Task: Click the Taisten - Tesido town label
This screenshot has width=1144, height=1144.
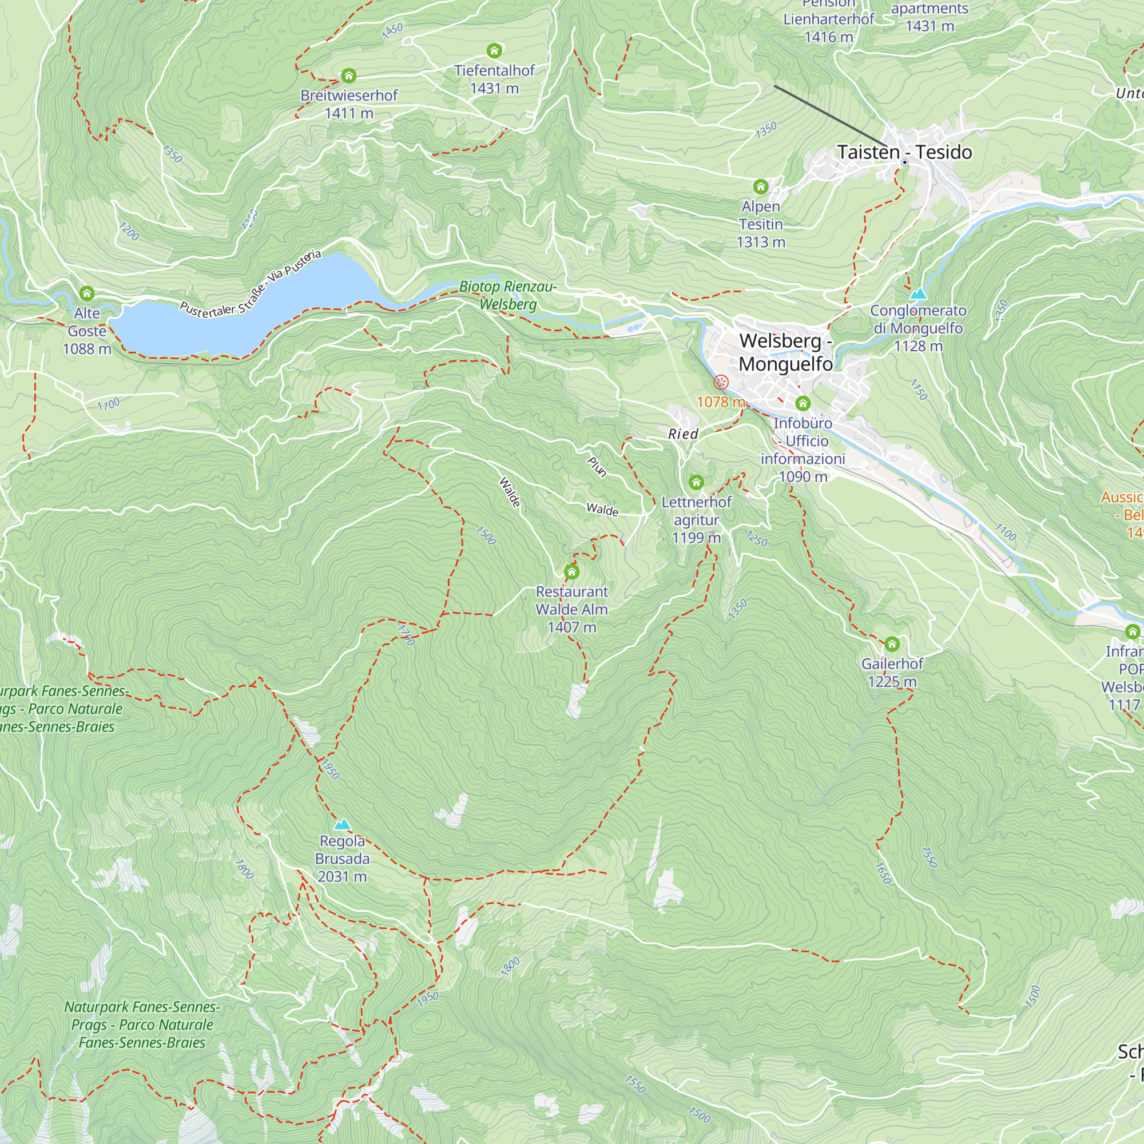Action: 904,152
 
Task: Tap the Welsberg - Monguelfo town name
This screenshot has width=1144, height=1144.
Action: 785,352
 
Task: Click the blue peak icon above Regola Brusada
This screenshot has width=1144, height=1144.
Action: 342,824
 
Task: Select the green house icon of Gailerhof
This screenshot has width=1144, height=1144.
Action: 892,643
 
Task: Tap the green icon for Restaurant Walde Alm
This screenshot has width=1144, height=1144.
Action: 571,571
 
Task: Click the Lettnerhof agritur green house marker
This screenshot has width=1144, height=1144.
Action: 696,482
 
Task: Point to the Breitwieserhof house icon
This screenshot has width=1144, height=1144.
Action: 349,75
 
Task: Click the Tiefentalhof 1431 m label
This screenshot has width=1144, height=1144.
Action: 494,80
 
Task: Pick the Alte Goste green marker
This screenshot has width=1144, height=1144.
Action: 87,293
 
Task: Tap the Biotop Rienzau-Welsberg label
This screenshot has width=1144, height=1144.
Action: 507,296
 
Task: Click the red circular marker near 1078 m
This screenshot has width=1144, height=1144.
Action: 721,382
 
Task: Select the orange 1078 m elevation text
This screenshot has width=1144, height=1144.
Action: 720,402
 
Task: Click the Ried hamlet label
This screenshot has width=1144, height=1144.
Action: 684,434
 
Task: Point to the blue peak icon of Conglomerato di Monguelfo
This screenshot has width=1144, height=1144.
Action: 918,293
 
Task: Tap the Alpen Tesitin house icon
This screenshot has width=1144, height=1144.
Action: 761,187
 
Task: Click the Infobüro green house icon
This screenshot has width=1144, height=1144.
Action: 803,404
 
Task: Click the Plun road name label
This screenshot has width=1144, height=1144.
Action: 597,467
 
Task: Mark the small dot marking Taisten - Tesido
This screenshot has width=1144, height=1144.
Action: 905,162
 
